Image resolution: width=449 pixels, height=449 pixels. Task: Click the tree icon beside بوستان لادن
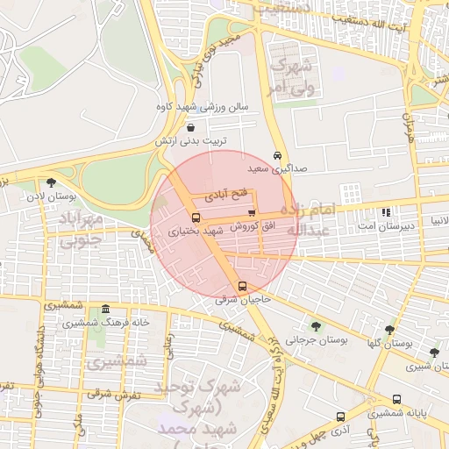pyautogui.click(x=52, y=183)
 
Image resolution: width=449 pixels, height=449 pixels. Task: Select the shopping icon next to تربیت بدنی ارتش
pyautogui.click(x=191, y=128)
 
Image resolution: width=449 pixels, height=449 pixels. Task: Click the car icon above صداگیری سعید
pyautogui.click(x=277, y=154)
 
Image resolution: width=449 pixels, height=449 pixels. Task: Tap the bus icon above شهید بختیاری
pyautogui.click(x=195, y=217)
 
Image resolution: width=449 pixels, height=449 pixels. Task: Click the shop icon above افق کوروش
pyautogui.click(x=253, y=212)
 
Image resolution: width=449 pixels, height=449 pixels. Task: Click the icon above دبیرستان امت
pyautogui.click(x=386, y=212)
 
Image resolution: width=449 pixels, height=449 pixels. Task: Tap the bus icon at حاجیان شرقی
pyautogui.click(x=242, y=286)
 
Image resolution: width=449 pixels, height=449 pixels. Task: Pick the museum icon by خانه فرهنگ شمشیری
pyautogui.click(x=105, y=309)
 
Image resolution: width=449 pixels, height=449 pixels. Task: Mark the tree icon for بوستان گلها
pyautogui.click(x=389, y=331)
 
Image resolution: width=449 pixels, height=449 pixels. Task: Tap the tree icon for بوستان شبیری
pyautogui.click(x=434, y=353)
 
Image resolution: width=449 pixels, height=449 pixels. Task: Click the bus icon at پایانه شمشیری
pyautogui.click(x=397, y=399)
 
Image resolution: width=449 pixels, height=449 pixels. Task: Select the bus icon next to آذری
pyautogui.click(x=339, y=417)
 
